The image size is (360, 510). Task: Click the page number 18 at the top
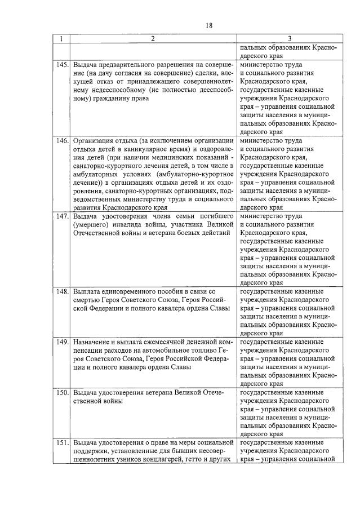coord(208,25)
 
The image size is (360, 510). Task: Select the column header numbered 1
coord(61,39)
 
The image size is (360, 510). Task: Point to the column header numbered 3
coord(289,39)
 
